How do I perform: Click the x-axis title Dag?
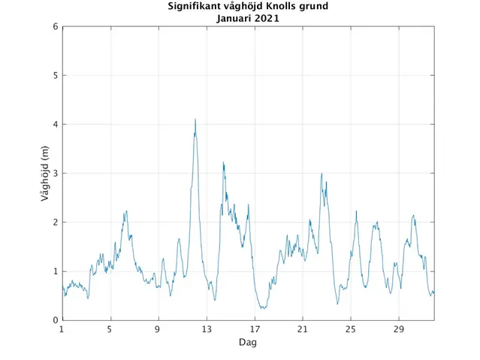248,342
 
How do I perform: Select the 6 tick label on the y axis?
55,27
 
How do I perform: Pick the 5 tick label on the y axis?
55,76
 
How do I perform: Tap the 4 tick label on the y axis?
55,125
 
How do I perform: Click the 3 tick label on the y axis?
55,174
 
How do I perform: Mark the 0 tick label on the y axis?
55,320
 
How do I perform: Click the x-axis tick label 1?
62,330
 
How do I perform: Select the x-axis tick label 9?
158,330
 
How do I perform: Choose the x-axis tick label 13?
206,330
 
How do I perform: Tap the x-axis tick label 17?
254,330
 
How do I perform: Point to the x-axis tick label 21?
302,330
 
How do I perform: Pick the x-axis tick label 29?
398,330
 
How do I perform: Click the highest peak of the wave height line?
195,119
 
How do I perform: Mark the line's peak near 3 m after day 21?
322,174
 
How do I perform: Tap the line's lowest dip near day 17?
262,308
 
